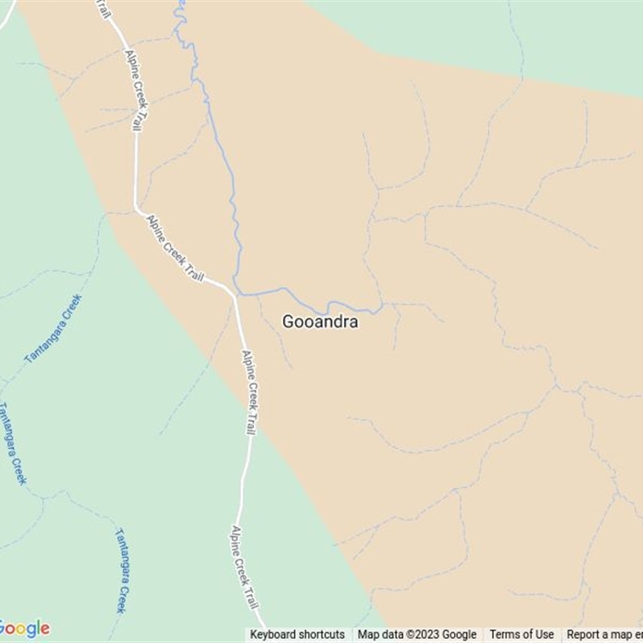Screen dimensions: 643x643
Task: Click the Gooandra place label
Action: click(320, 322)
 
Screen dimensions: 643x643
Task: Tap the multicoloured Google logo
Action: click(24, 629)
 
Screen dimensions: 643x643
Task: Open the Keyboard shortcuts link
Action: click(297, 635)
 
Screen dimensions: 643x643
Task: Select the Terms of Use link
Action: click(522, 635)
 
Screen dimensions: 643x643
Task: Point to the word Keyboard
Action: click(274, 635)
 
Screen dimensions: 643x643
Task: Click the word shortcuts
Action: click(321, 635)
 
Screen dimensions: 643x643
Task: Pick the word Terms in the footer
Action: click(505, 635)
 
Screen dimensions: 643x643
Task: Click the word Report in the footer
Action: click(584, 635)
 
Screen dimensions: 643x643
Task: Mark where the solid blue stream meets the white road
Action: click(236, 294)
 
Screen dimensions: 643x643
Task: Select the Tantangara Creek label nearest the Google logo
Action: click(121, 570)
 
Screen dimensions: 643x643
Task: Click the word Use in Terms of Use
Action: click(544, 635)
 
